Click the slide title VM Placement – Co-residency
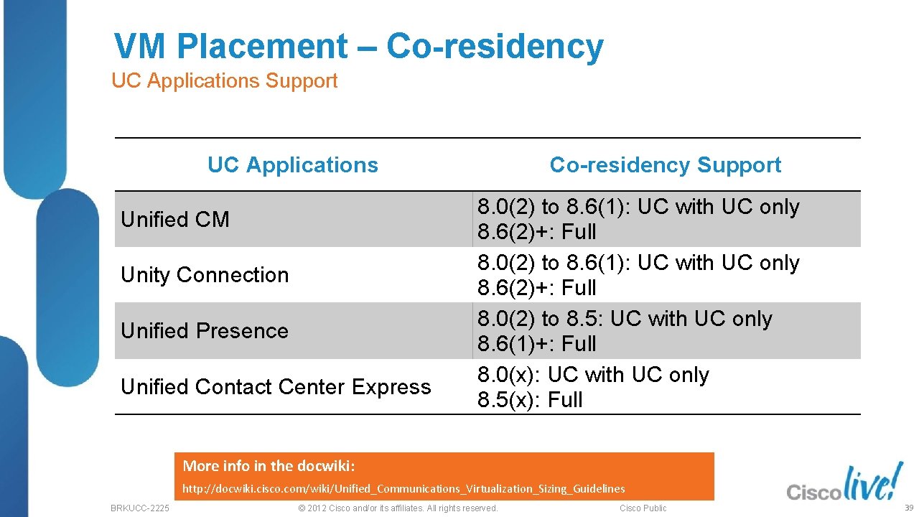click(358, 47)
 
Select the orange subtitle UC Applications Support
click(224, 81)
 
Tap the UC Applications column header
click(292, 165)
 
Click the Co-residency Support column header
click(665, 165)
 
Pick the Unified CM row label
click(175, 220)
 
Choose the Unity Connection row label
click(205, 275)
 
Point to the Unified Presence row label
click(205, 331)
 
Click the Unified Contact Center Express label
click(276, 387)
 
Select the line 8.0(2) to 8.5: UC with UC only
click(625, 319)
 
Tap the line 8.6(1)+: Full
click(537, 344)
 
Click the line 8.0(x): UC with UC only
click(593, 375)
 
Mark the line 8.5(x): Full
click(530, 400)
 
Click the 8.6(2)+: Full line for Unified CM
click(537, 232)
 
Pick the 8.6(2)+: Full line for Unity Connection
click(537, 288)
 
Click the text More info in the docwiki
click(269, 466)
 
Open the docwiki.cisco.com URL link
click(403, 489)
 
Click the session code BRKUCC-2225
click(140, 508)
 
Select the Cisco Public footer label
click(643, 508)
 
